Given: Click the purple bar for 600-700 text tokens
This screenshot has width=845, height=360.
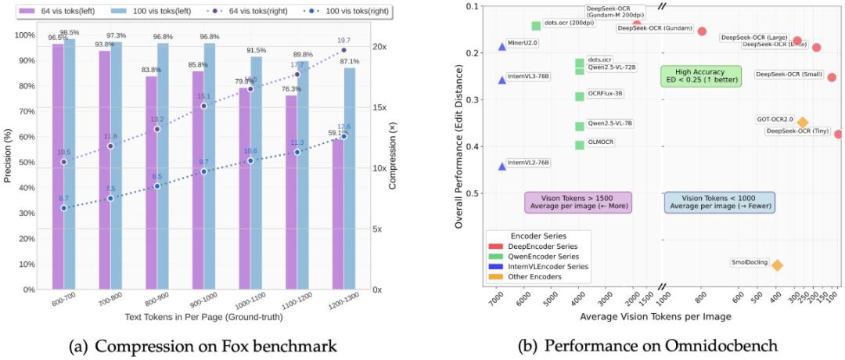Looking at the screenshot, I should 58,166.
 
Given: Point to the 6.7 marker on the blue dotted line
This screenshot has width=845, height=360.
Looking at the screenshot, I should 63,208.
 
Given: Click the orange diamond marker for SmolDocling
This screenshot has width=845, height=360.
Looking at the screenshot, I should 777,265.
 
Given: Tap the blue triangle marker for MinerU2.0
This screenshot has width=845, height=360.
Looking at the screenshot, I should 502,47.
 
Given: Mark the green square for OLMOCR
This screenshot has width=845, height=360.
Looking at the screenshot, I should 580,145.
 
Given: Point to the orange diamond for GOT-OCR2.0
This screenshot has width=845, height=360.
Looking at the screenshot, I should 803,122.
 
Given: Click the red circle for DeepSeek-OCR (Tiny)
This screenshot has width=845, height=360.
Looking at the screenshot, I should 838,134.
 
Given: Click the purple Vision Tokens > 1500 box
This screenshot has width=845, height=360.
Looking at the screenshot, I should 578,202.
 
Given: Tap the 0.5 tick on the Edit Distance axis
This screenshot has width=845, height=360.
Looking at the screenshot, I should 475,193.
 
